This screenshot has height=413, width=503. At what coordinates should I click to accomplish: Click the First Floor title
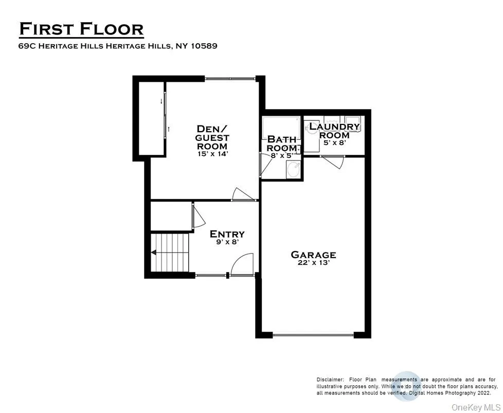click(x=81, y=29)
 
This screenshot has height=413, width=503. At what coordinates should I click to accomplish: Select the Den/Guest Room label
click(x=212, y=137)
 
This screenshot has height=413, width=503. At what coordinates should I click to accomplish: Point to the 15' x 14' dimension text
click(x=212, y=154)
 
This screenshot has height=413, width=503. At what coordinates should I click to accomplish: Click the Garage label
click(x=313, y=255)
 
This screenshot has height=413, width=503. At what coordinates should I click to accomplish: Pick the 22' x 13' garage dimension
click(x=313, y=263)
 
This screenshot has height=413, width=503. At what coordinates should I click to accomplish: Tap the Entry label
click(x=227, y=235)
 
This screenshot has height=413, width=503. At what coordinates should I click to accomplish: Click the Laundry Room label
click(x=334, y=131)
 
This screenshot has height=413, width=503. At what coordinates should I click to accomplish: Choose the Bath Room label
click(x=281, y=143)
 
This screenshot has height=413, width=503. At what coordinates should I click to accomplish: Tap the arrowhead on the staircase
click(x=154, y=252)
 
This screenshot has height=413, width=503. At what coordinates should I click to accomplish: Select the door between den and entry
click(x=243, y=195)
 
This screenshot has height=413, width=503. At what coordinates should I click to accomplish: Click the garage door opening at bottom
click(x=313, y=335)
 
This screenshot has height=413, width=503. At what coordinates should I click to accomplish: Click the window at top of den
click(x=230, y=79)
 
